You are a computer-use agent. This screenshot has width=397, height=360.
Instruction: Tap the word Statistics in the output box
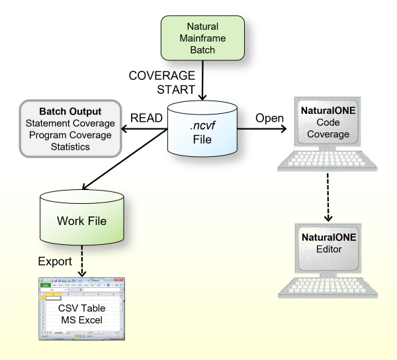coord(71,147)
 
